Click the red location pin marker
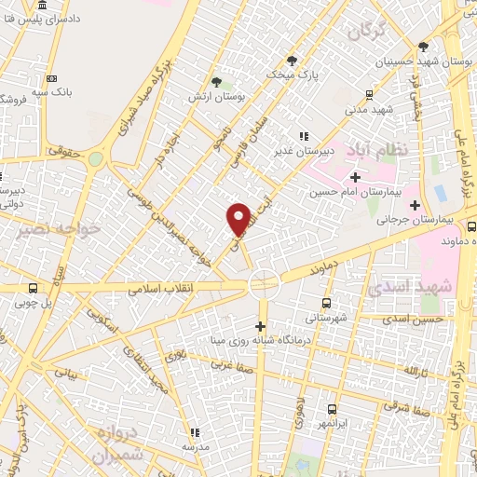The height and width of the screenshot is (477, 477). pyautogui.click(x=238, y=219)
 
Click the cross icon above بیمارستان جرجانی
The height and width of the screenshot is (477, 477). pyautogui.click(x=416, y=205)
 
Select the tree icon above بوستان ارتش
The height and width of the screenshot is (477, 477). pyautogui.click(x=217, y=82)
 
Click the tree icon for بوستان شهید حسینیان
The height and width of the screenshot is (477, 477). pyautogui.click(x=424, y=47)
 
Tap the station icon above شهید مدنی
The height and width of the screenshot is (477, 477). pyautogui.click(x=370, y=94)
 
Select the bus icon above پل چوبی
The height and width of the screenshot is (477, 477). pyautogui.click(x=34, y=288)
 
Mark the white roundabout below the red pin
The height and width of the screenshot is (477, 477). pyautogui.click(x=264, y=281)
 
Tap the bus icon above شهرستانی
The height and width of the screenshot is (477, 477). pyautogui.click(x=326, y=303)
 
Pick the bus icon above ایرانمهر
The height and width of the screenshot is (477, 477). pyautogui.click(x=333, y=409)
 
